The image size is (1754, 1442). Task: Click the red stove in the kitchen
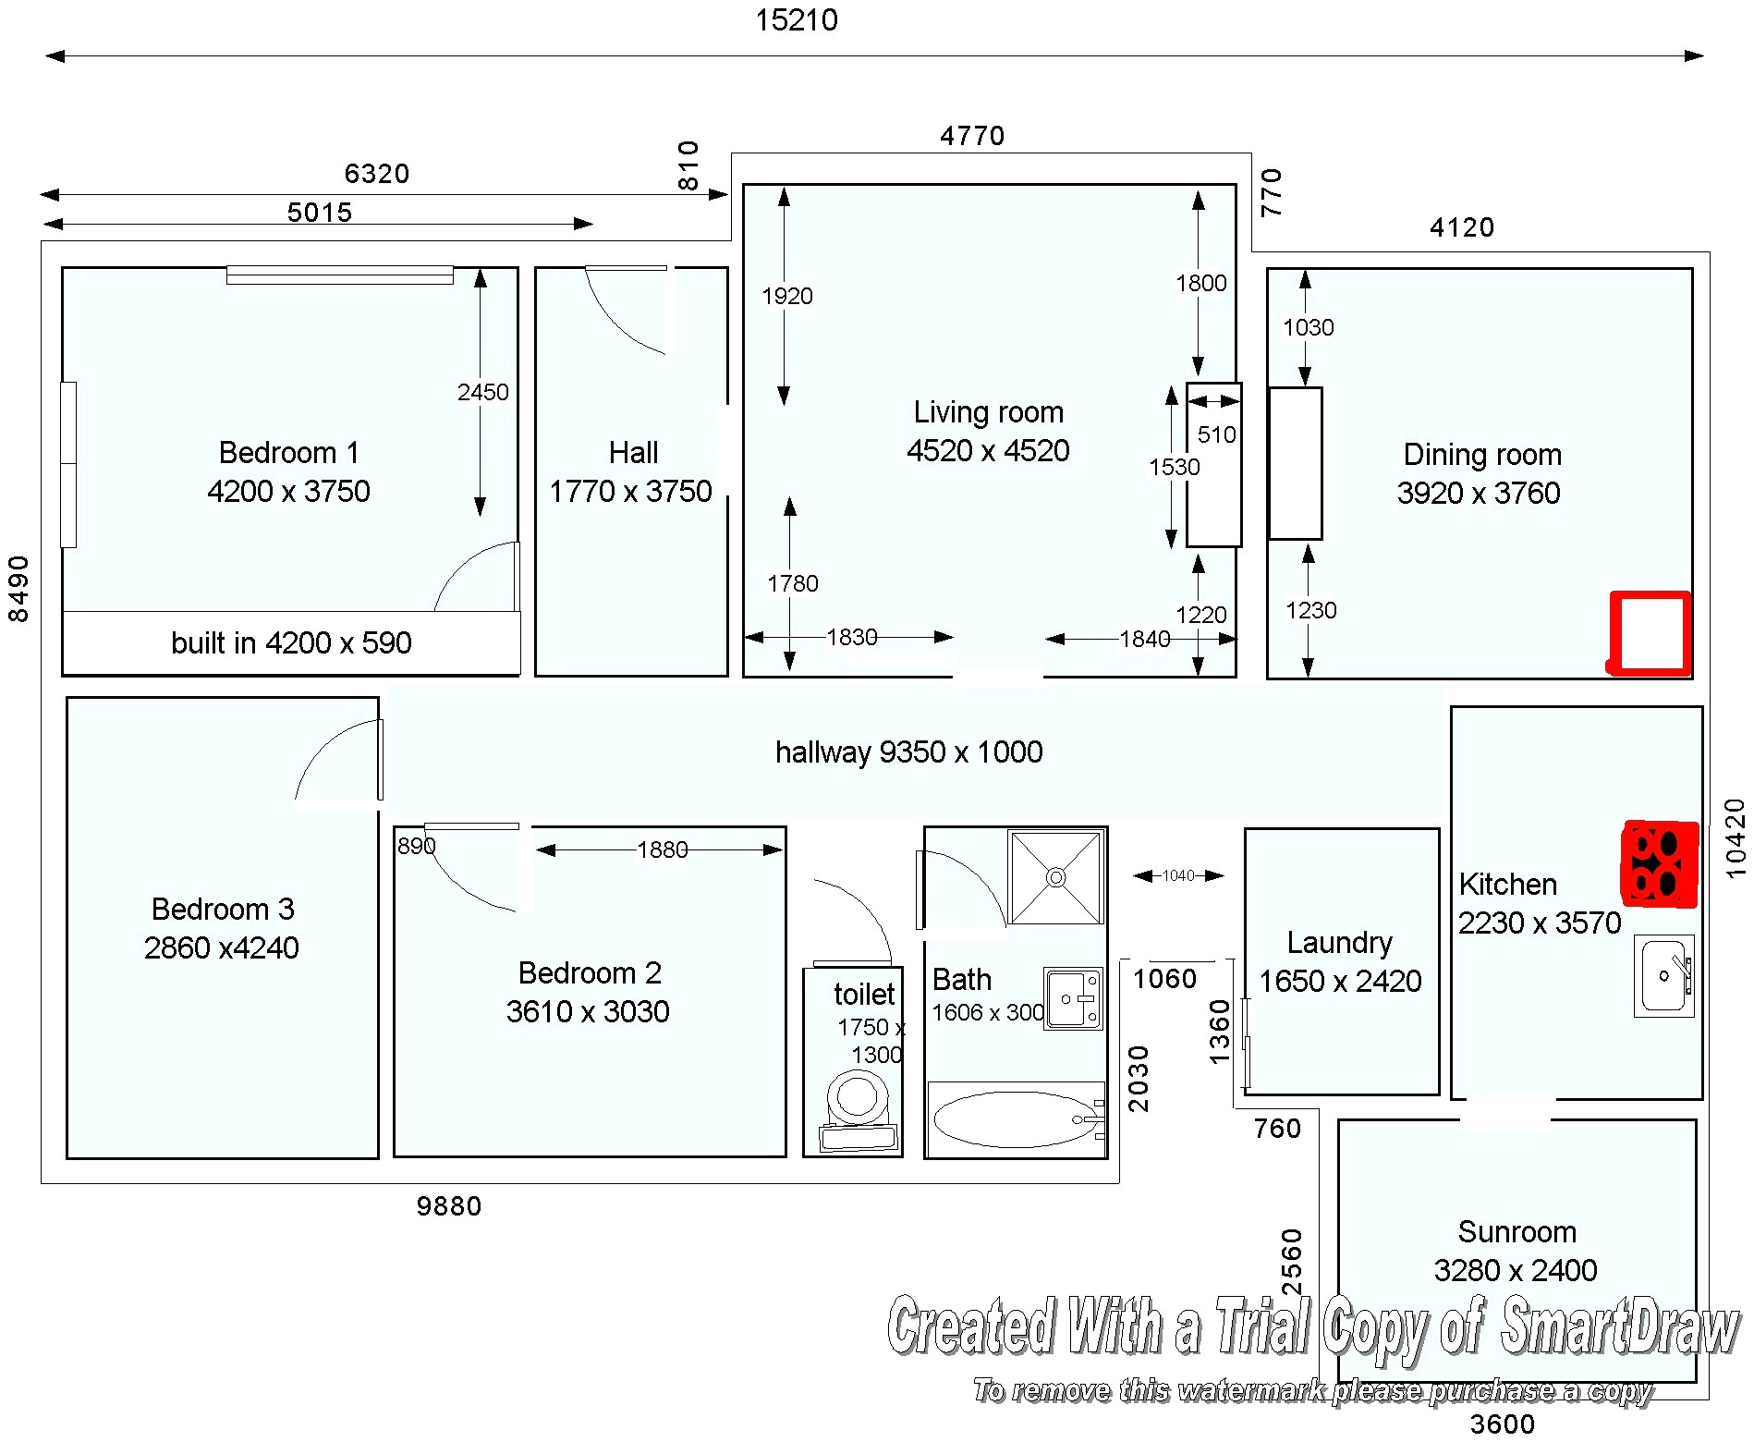click(x=1660, y=863)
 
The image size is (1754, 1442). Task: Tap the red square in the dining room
click(x=1650, y=633)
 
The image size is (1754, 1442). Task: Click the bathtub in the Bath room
click(x=1014, y=1118)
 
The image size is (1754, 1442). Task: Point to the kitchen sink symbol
click(x=1663, y=975)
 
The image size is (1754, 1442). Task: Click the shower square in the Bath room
click(x=1056, y=876)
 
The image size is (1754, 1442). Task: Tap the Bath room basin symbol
click(x=1073, y=998)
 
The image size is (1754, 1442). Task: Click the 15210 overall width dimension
click(x=796, y=20)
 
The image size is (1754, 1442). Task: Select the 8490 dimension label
click(x=18, y=589)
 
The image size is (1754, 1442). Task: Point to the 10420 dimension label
click(x=1736, y=837)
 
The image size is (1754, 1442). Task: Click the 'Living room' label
click(x=988, y=412)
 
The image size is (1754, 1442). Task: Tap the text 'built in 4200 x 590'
click(x=291, y=642)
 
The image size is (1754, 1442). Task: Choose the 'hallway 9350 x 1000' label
click(x=908, y=752)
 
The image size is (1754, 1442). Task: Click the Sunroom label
click(x=1516, y=1232)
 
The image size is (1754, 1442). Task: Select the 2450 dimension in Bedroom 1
click(x=482, y=393)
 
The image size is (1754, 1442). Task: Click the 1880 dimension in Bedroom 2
click(x=662, y=849)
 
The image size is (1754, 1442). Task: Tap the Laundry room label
click(x=1339, y=943)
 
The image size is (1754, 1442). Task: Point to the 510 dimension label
click(x=1216, y=434)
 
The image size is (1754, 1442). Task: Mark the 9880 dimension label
click(x=448, y=1206)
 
